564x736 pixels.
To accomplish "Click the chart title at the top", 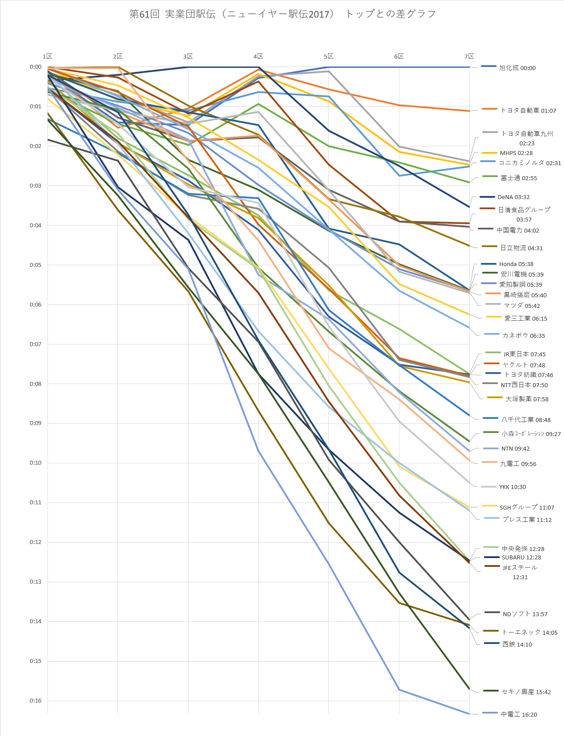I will (282, 14).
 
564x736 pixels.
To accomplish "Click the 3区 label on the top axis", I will (188, 56).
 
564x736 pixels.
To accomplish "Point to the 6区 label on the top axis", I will (398, 56).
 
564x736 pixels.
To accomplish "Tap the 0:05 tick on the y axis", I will (36, 265).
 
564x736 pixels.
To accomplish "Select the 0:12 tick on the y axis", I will (36, 542).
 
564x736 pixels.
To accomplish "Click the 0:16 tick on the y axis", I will (36, 701).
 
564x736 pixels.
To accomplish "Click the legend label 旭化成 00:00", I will (517, 68).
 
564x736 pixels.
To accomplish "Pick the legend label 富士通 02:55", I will (519, 178).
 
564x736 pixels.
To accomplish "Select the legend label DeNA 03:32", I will (513, 197).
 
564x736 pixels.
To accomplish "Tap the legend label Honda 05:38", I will (516, 264).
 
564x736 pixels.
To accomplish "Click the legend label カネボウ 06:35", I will (523, 336).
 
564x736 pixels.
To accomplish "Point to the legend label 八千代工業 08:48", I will (526, 420).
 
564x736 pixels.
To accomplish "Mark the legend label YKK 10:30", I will (512, 487).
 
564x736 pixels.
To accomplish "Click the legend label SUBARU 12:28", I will (521, 558).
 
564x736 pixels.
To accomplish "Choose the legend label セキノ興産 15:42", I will (526, 692).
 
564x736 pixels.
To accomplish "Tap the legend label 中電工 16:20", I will (519, 714).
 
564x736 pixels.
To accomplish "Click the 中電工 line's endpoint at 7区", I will (469, 714).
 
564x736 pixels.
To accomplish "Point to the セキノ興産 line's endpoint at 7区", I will (469, 689).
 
